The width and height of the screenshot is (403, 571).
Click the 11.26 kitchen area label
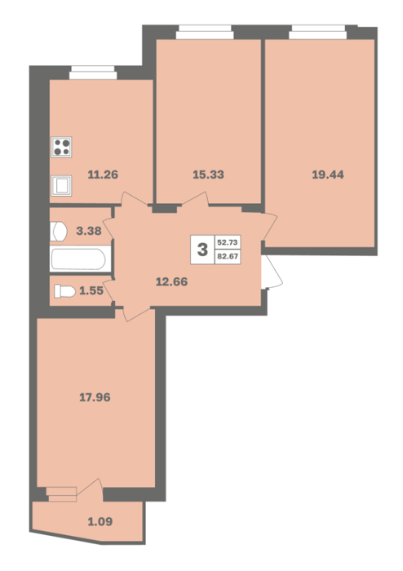pos(103,175)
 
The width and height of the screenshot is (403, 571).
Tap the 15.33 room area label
pos(208,175)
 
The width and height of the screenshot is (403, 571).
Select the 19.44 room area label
pos(328,175)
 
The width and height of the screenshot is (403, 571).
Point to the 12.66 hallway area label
pos(172,281)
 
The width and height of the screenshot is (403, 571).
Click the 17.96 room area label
pos(95,397)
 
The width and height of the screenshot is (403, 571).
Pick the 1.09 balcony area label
pos(100,521)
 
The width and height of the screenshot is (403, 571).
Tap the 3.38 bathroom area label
pos(89,231)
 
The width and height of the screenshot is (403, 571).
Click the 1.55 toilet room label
pos(91,290)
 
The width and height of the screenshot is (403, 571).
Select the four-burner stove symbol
pos(61,147)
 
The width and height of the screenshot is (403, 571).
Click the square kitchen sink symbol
pos(61,185)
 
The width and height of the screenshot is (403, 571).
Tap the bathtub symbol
pos(80,259)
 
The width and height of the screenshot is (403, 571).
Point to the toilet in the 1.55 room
pos(64,291)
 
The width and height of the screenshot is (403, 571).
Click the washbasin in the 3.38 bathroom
pos(58,231)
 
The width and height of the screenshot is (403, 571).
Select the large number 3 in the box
pos(202,250)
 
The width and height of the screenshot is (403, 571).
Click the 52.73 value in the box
pos(228,242)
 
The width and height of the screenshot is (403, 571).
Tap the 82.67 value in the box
pos(228,256)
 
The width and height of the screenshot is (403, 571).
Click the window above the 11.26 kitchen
pos(93,73)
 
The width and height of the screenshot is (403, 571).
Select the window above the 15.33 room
pos(205,32)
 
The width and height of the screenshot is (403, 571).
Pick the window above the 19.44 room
pos(318,32)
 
